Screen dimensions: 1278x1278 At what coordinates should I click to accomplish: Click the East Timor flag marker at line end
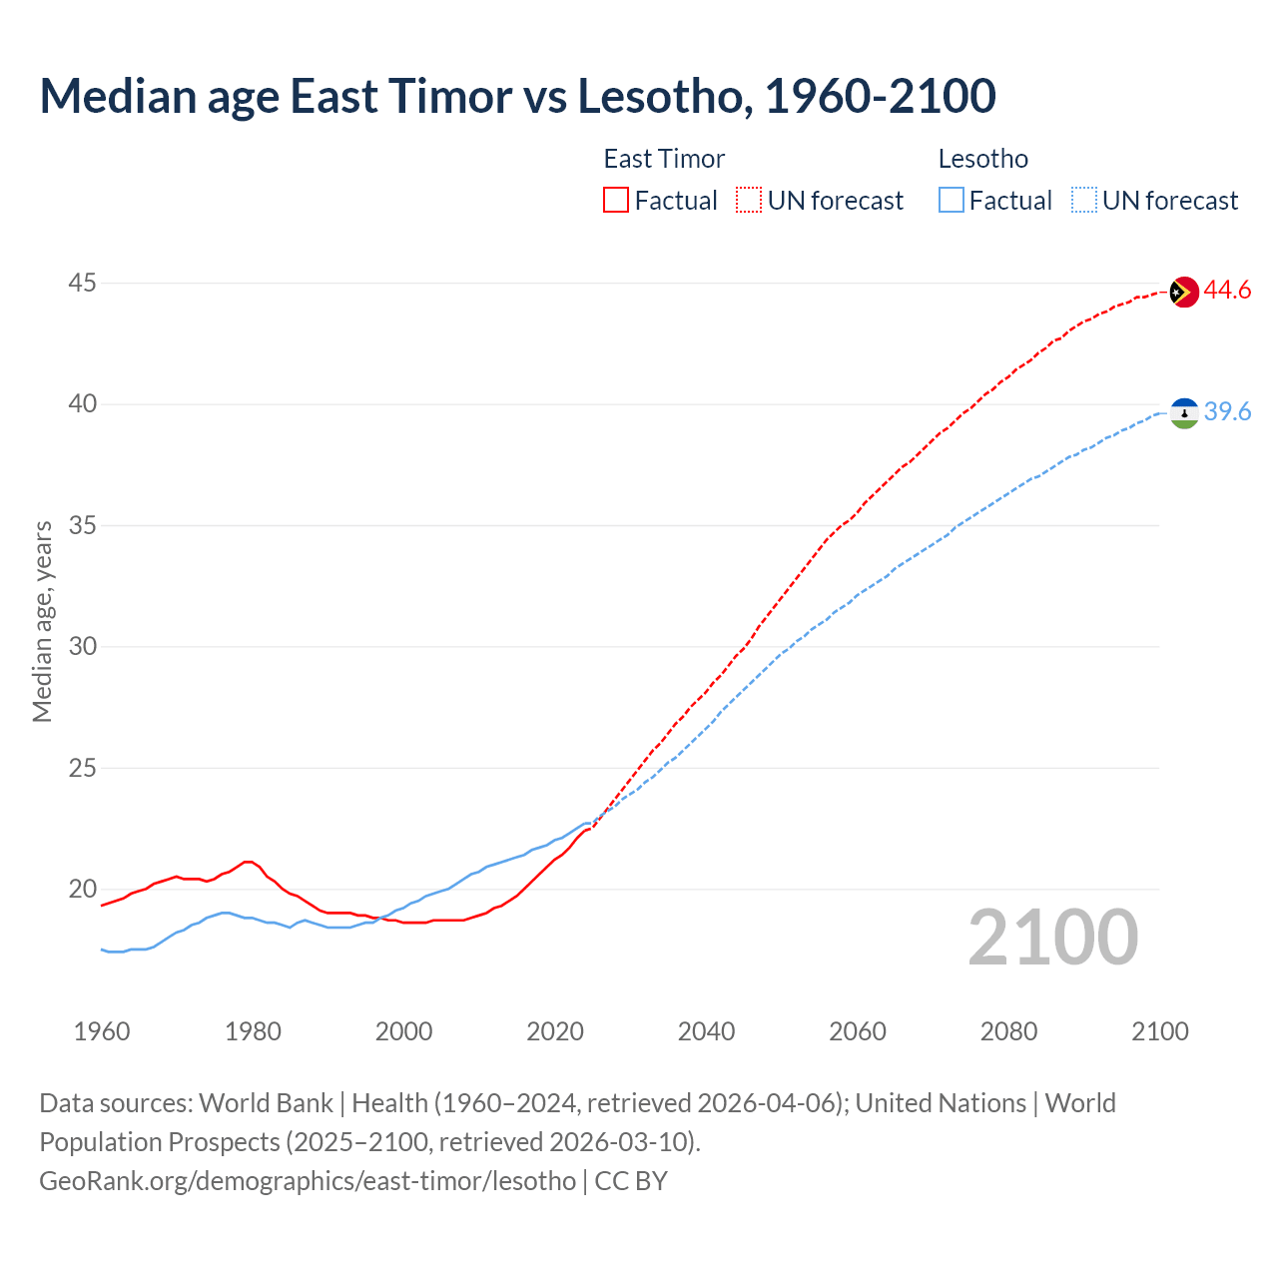point(1183,292)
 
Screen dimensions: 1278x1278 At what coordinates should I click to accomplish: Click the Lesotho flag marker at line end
point(1184,412)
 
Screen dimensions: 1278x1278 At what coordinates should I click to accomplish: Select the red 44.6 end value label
point(1227,291)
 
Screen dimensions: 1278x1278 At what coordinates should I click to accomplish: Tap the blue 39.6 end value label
point(1227,412)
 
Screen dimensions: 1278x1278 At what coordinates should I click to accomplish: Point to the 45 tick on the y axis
point(82,284)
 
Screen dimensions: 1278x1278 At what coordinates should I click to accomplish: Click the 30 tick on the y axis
point(82,647)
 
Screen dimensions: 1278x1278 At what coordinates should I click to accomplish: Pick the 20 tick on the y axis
point(82,890)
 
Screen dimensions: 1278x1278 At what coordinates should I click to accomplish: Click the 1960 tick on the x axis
point(102,1031)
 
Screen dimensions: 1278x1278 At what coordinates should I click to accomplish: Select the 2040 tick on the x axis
point(706,1031)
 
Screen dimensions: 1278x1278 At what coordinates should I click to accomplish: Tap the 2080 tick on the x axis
point(1008,1031)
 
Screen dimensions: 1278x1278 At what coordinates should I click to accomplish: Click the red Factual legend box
point(616,201)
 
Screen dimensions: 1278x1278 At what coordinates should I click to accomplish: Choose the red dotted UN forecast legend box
point(749,201)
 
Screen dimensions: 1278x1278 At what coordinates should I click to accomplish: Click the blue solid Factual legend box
point(952,201)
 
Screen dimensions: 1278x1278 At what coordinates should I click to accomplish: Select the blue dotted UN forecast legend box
point(1083,201)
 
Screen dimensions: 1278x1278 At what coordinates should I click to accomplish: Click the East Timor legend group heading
point(664,159)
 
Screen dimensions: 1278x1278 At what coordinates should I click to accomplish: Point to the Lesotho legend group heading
point(982,159)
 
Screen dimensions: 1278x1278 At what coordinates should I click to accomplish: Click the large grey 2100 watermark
point(1052,938)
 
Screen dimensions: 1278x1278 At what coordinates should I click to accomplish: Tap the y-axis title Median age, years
point(42,621)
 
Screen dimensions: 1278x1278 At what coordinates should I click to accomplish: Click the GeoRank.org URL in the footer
point(308,1181)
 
